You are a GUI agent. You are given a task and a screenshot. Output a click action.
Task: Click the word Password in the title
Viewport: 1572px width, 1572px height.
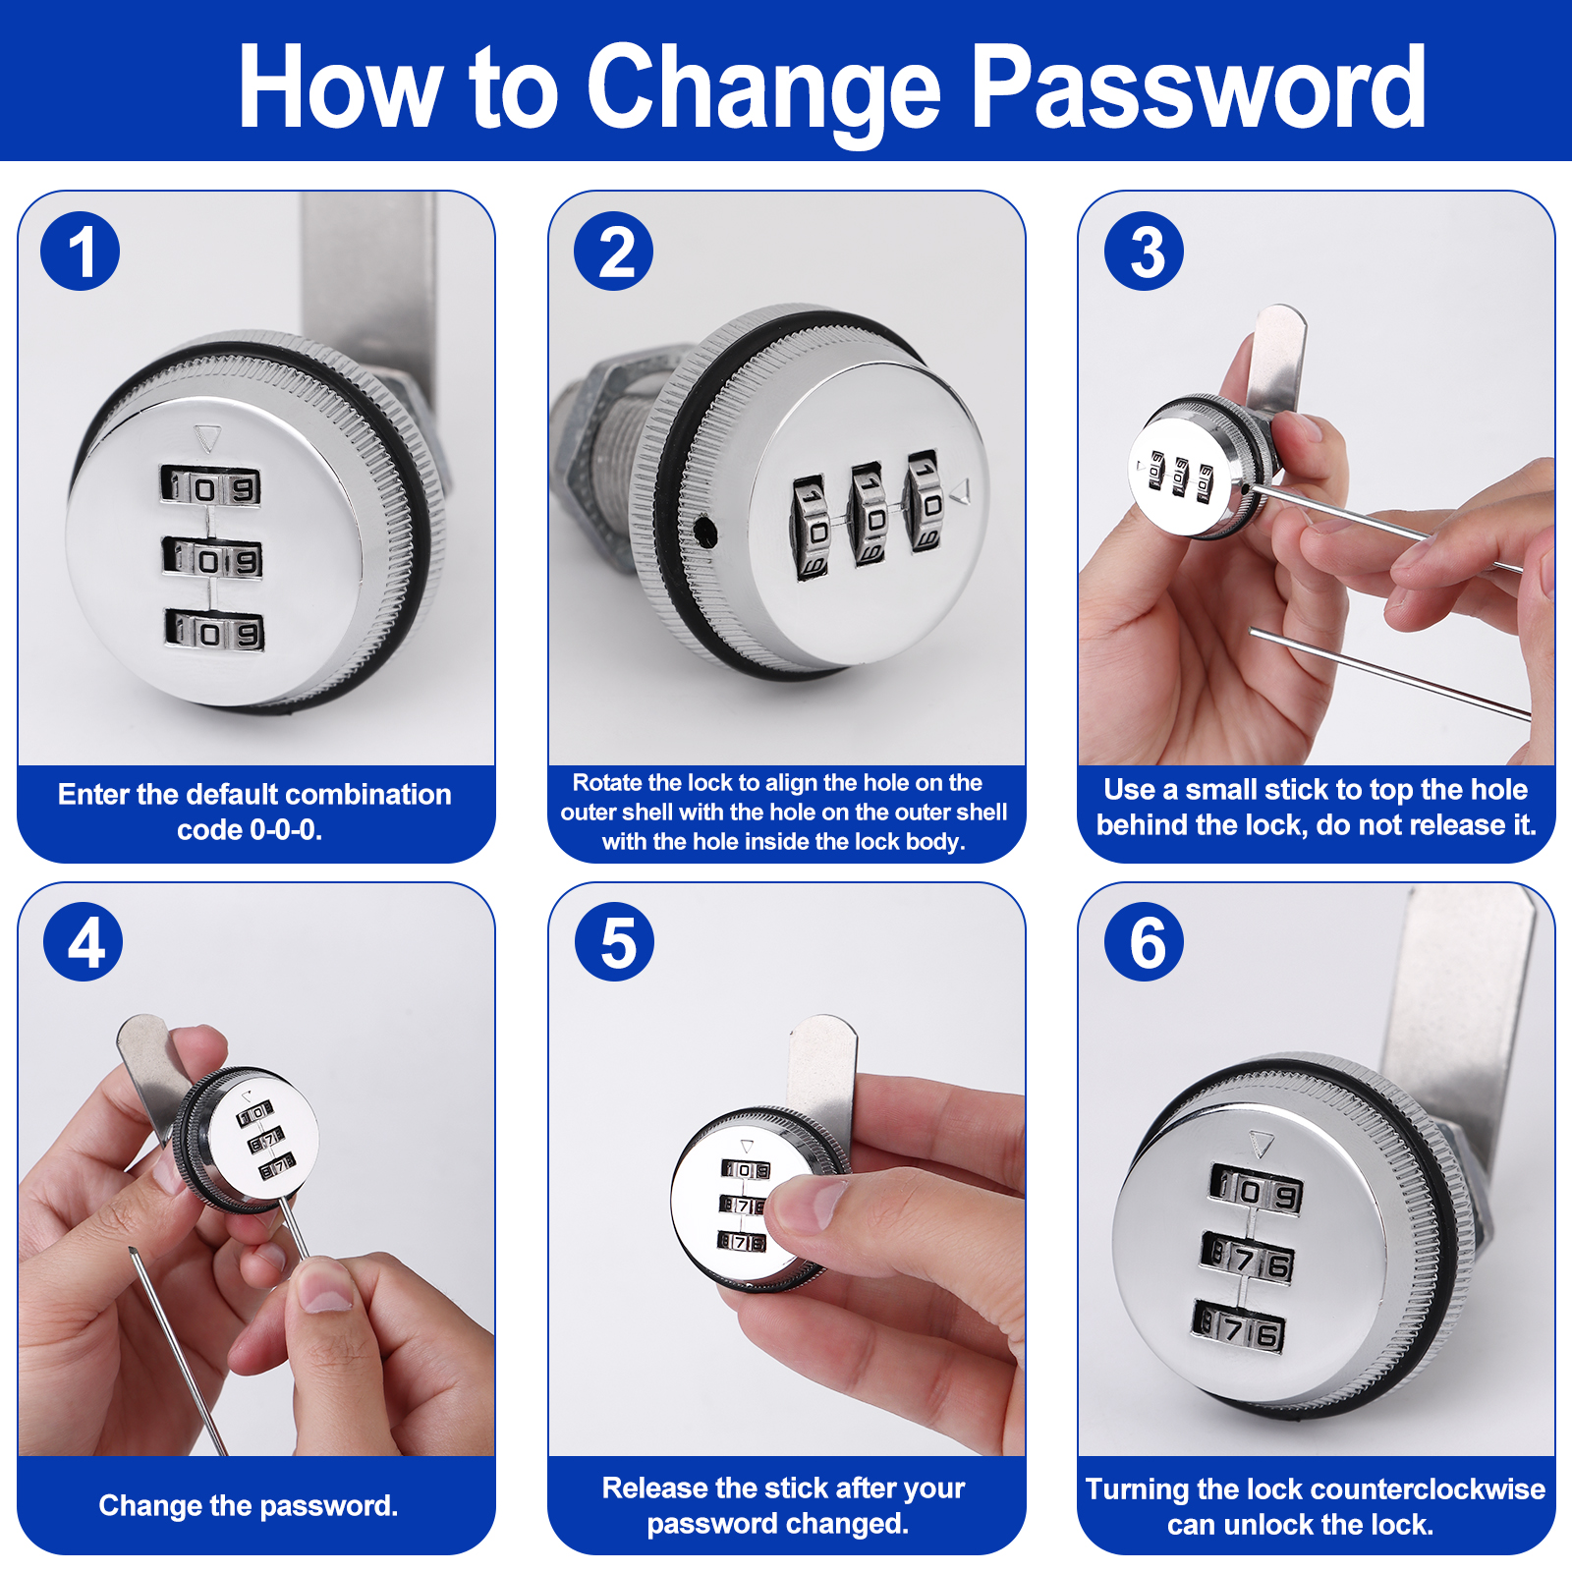(x=1199, y=88)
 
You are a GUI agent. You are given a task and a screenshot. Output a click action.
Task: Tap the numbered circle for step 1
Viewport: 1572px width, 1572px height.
(x=81, y=252)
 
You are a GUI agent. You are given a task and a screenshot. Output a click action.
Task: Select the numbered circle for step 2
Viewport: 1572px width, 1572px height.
(x=614, y=252)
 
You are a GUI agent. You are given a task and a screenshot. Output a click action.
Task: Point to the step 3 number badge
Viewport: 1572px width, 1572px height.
(x=1145, y=252)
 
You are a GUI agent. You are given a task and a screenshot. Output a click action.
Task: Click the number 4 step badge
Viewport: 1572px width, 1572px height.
(x=84, y=941)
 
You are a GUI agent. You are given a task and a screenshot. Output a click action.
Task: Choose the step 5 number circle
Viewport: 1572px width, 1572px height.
(x=615, y=941)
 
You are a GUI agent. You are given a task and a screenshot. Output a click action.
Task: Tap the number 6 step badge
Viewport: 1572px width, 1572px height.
(x=1145, y=941)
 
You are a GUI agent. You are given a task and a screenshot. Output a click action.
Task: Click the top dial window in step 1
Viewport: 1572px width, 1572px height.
(x=211, y=486)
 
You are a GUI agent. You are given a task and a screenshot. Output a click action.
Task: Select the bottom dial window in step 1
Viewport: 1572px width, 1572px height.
(x=214, y=631)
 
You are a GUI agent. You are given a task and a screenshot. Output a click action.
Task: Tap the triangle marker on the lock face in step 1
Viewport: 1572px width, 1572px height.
(x=207, y=437)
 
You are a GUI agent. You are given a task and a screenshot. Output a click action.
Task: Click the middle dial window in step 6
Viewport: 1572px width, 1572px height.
(x=1248, y=1260)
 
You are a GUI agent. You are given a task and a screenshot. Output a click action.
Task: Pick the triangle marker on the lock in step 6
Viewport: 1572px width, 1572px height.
(x=1262, y=1143)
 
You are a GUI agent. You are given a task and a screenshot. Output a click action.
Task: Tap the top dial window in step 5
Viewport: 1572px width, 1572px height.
(x=747, y=1169)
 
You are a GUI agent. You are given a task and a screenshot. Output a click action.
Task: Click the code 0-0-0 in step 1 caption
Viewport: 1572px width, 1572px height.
(x=286, y=830)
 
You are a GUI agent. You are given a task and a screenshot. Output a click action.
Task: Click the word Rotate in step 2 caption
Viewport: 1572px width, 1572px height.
(x=606, y=783)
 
